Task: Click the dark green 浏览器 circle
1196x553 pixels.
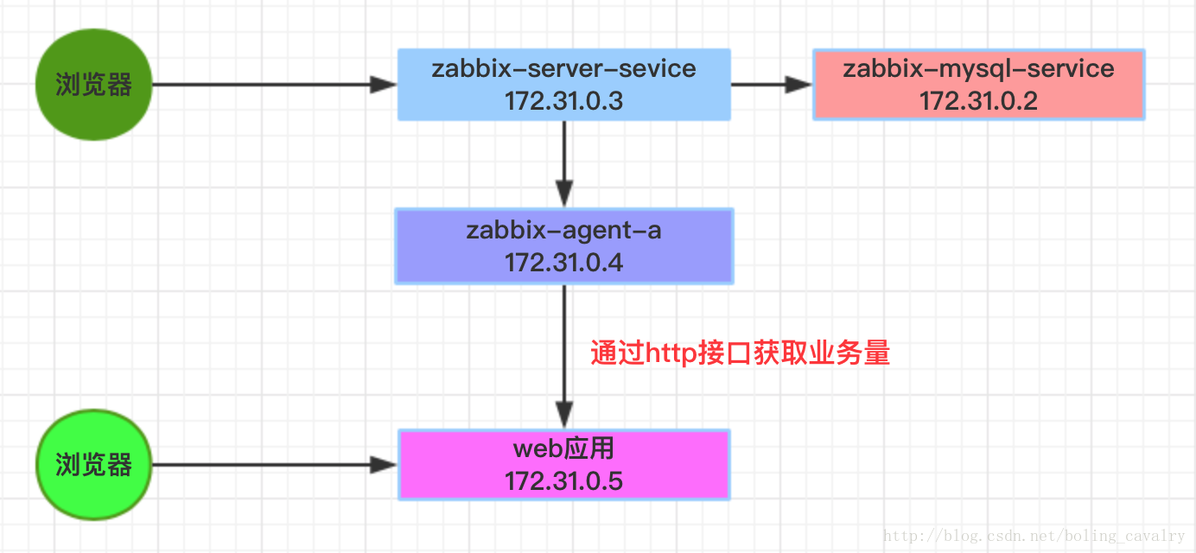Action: [x=93, y=85]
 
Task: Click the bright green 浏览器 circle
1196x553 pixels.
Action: [x=93, y=465]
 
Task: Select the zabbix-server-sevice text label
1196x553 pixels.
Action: [x=563, y=68]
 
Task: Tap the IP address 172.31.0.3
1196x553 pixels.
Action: [x=563, y=101]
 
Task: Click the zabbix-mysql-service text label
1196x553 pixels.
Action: [x=978, y=68]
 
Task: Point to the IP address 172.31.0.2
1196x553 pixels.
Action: [x=978, y=101]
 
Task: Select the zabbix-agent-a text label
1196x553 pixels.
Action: [x=563, y=231]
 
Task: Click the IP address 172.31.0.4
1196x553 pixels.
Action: [x=563, y=262]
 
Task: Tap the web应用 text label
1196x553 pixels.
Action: [x=563, y=449]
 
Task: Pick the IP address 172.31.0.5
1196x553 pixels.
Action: [x=563, y=481]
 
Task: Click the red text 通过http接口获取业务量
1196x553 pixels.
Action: [x=740, y=353]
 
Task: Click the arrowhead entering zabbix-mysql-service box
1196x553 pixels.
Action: [x=798, y=85]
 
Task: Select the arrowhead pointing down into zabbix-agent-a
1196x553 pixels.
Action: [x=564, y=194]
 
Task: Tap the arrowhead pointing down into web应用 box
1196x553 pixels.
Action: [x=564, y=415]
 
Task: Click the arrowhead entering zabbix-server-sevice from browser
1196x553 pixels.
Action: [x=383, y=85]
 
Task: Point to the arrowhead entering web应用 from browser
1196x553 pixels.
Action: [x=383, y=465]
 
